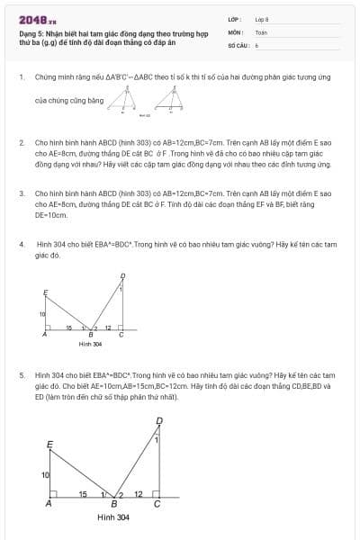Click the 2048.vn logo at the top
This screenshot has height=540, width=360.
(37, 18)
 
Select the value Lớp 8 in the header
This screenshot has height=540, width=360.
(262, 18)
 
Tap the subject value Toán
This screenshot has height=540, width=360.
(261, 31)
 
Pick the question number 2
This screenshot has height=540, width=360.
(22, 142)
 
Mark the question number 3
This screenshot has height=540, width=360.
(22, 193)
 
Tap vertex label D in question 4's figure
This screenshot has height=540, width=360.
(122, 276)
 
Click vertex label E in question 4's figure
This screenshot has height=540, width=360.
(46, 291)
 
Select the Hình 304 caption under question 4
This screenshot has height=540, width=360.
(90, 345)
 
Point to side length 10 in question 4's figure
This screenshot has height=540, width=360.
(41, 313)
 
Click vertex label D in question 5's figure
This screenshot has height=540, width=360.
(159, 420)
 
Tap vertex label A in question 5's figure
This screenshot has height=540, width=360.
(49, 505)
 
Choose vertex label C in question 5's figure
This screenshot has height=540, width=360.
(157, 505)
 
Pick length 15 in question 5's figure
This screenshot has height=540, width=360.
(83, 494)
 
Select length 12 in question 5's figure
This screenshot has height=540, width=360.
(138, 494)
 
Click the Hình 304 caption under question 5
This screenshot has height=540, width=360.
(113, 517)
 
